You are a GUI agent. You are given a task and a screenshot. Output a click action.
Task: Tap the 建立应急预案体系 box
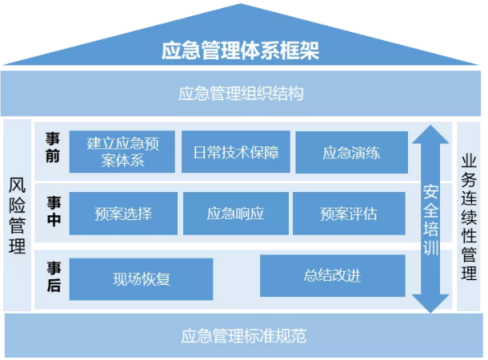(122, 151)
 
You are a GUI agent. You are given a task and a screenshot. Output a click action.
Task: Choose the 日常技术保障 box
(235, 151)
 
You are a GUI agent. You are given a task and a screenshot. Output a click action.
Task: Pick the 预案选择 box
(122, 214)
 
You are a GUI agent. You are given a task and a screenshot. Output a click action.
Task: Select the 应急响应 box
(235, 214)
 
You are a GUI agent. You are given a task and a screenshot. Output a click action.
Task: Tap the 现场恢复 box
(141, 279)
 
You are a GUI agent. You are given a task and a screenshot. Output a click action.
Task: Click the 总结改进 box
(332, 276)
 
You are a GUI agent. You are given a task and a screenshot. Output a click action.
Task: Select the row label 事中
(53, 211)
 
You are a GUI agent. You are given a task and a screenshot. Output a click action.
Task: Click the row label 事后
(53, 277)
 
